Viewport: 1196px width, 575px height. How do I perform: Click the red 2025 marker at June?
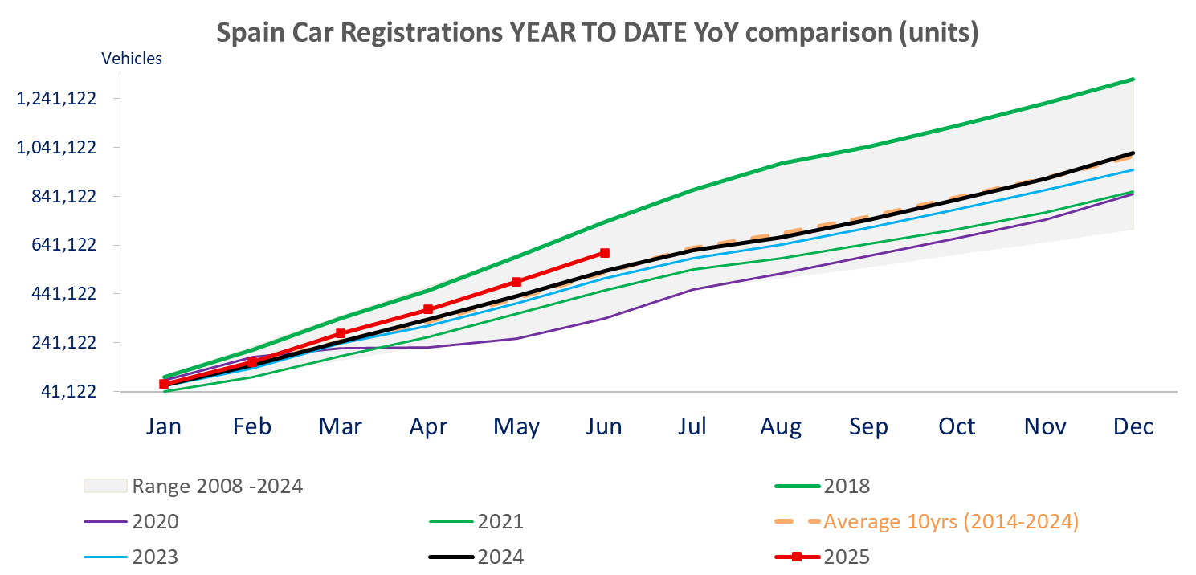click(604, 253)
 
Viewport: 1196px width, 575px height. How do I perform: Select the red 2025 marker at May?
click(516, 282)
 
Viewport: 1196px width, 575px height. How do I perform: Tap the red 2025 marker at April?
click(428, 309)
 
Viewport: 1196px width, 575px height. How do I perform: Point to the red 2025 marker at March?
click(341, 333)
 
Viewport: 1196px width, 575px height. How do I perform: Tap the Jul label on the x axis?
click(692, 426)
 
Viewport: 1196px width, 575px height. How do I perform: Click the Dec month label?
click(1133, 426)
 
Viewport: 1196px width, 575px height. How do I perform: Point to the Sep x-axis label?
click(869, 426)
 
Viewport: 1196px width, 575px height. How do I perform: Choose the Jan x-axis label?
click(164, 426)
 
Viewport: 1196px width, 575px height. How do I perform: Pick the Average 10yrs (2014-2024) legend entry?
click(950, 522)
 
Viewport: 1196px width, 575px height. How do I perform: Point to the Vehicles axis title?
click(131, 59)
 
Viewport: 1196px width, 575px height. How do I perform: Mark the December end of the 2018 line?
click(1133, 79)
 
